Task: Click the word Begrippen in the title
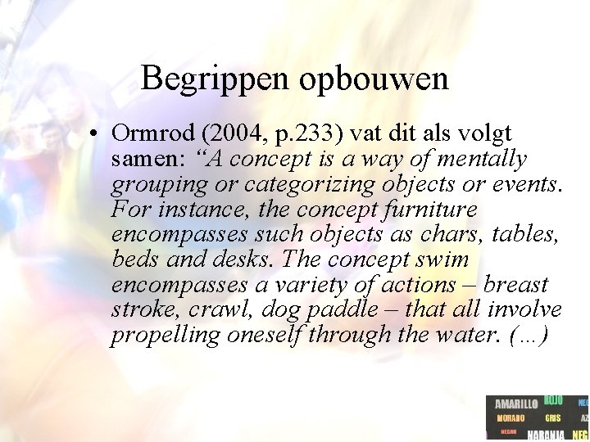coord(215,79)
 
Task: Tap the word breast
coord(516,285)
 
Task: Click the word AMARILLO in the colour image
coord(515,404)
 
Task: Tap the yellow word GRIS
coord(552,418)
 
